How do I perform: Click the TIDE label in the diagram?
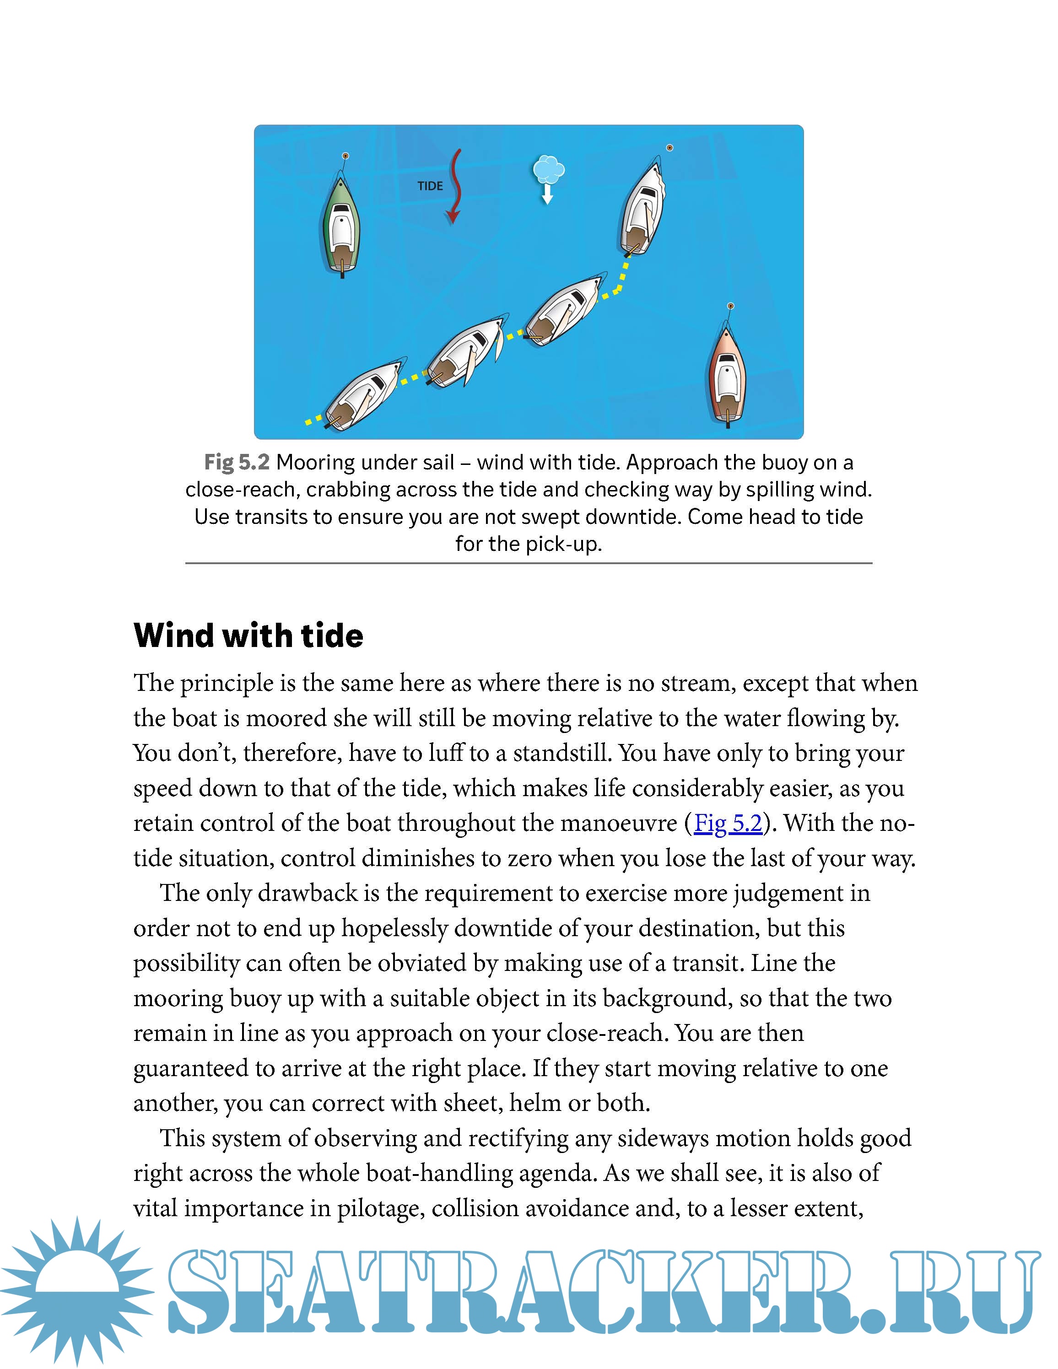[x=430, y=186]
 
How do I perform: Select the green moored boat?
[x=341, y=226]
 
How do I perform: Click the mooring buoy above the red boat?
[x=730, y=306]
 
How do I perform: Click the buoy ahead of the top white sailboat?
[x=669, y=148]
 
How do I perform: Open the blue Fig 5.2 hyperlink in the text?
[x=728, y=823]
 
